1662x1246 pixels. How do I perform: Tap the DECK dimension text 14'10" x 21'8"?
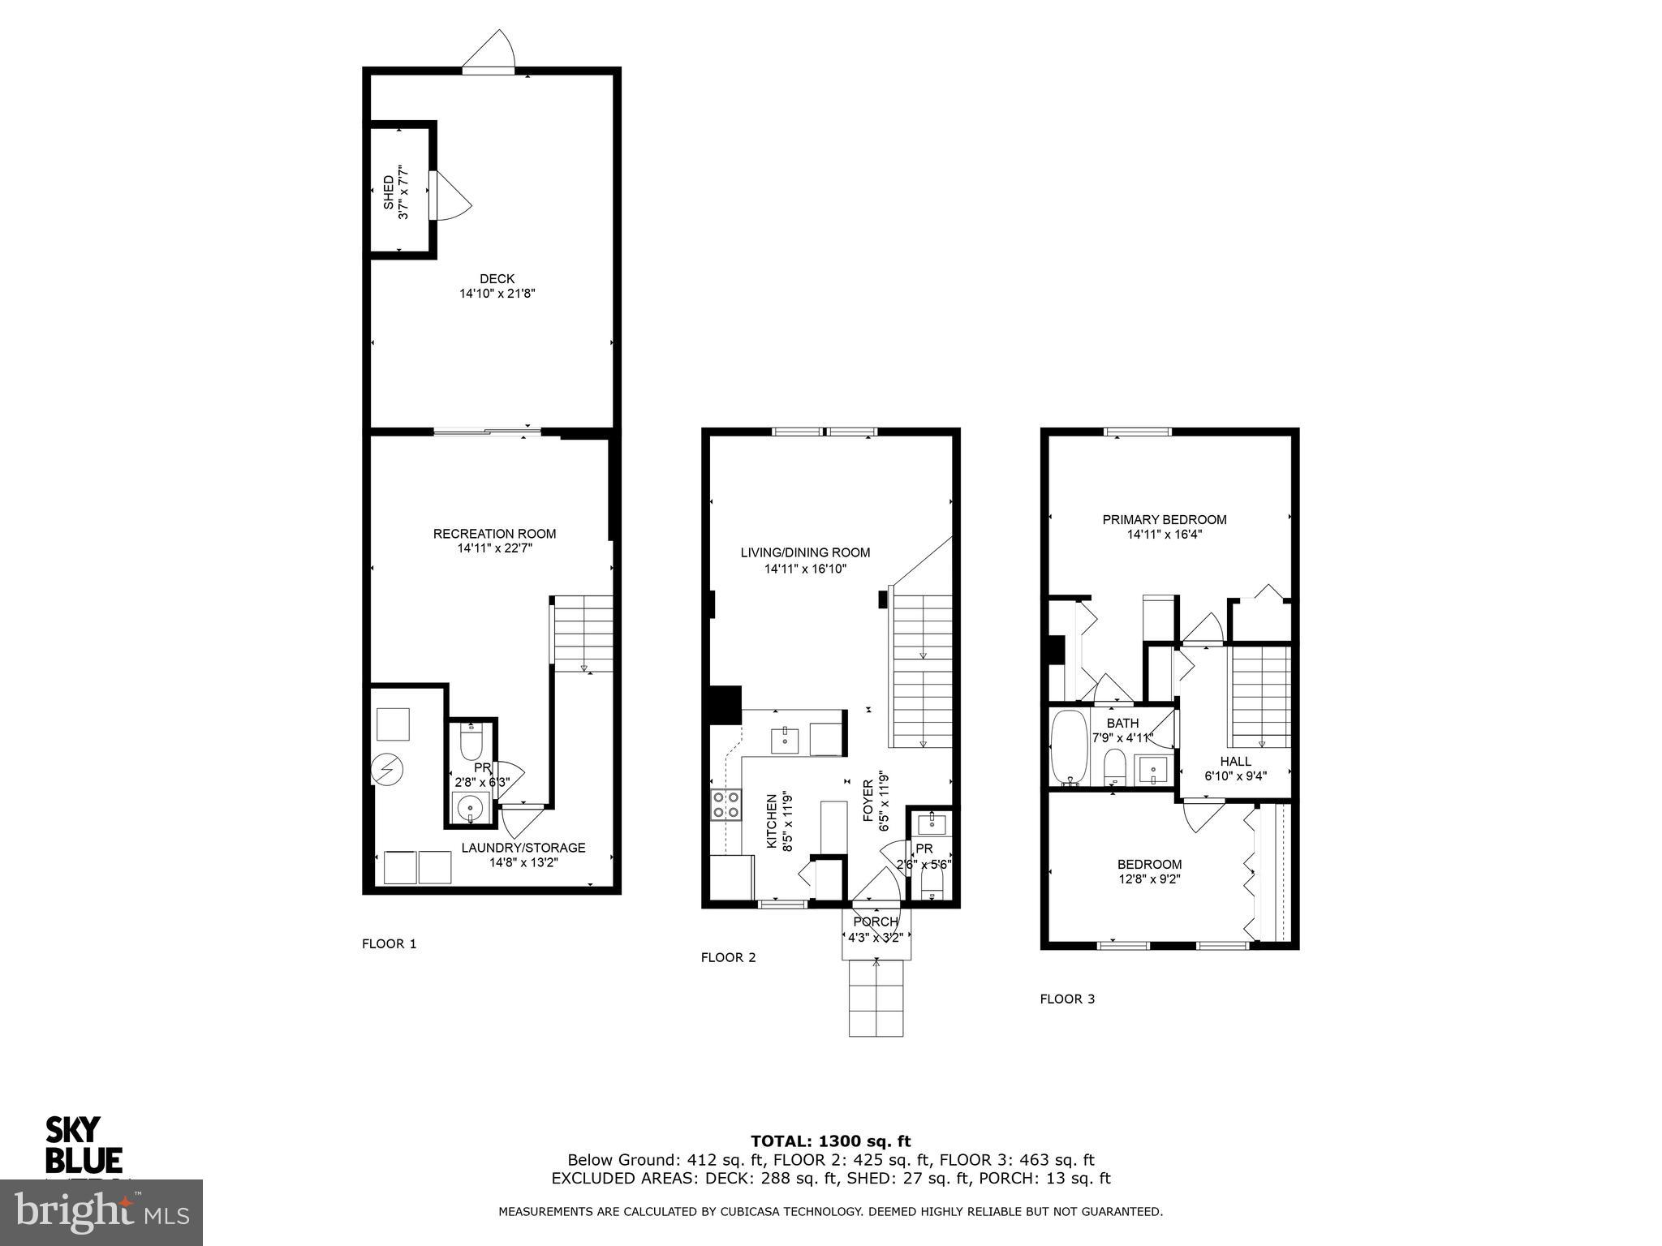(497, 294)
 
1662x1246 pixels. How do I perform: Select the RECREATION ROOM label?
(494, 534)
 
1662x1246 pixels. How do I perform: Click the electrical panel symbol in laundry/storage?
(385, 770)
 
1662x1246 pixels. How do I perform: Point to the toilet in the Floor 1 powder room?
(471, 741)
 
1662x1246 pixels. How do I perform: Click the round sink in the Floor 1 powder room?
(471, 808)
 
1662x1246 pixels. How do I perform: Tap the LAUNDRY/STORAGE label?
(523, 848)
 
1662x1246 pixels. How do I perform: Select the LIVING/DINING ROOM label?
(805, 552)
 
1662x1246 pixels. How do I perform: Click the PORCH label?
(876, 922)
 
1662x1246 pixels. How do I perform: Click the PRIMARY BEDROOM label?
(1164, 519)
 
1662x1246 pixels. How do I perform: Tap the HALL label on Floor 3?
(1235, 761)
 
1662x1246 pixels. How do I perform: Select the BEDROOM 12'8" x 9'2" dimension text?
(1149, 879)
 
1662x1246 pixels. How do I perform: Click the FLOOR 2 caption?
(728, 957)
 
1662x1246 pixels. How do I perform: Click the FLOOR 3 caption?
(1067, 999)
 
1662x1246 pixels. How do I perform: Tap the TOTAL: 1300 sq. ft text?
(830, 1141)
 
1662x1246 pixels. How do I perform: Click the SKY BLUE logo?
(83, 1145)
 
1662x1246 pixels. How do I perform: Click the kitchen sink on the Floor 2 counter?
(785, 741)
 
